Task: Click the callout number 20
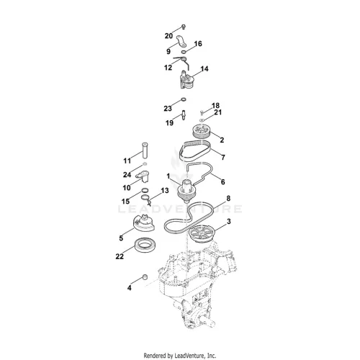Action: pyautogui.click(x=168, y=36)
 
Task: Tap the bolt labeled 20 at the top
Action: pyautogui.click(x=184, y=27)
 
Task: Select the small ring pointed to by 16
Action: pyautogui.click(x=184, y=52)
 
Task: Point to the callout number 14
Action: pyautogui.click(x=204, y=69)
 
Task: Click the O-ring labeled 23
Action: pyautogui.click(x=184, y=99)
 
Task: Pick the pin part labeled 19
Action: pyautogui.click(x=184, y=114)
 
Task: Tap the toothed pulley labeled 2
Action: pyautogui.click(x=202, y=131)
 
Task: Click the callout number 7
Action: pyautogui.click(x=223, y=158)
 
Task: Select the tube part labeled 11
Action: pyautogui.click(x=145, y=150)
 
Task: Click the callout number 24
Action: pyautogui.click(x=127, y=175)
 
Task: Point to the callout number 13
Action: pyautogui.click(x=165, y=191)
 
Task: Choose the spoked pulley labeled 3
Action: pyautogui.click(x=201, y=234)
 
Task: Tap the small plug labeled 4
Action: pyautogui.click(x=145, y=277)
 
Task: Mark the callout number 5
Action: pyautogui.click(x=121, y=238)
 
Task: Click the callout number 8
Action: pyautogui.click(x=228, y=198)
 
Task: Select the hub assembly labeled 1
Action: pyautogui.click(x=186, y=191)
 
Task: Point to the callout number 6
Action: pyautogui.click(x=223, y=182)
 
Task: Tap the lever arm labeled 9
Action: pyautogui.click(x=181, y=42)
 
